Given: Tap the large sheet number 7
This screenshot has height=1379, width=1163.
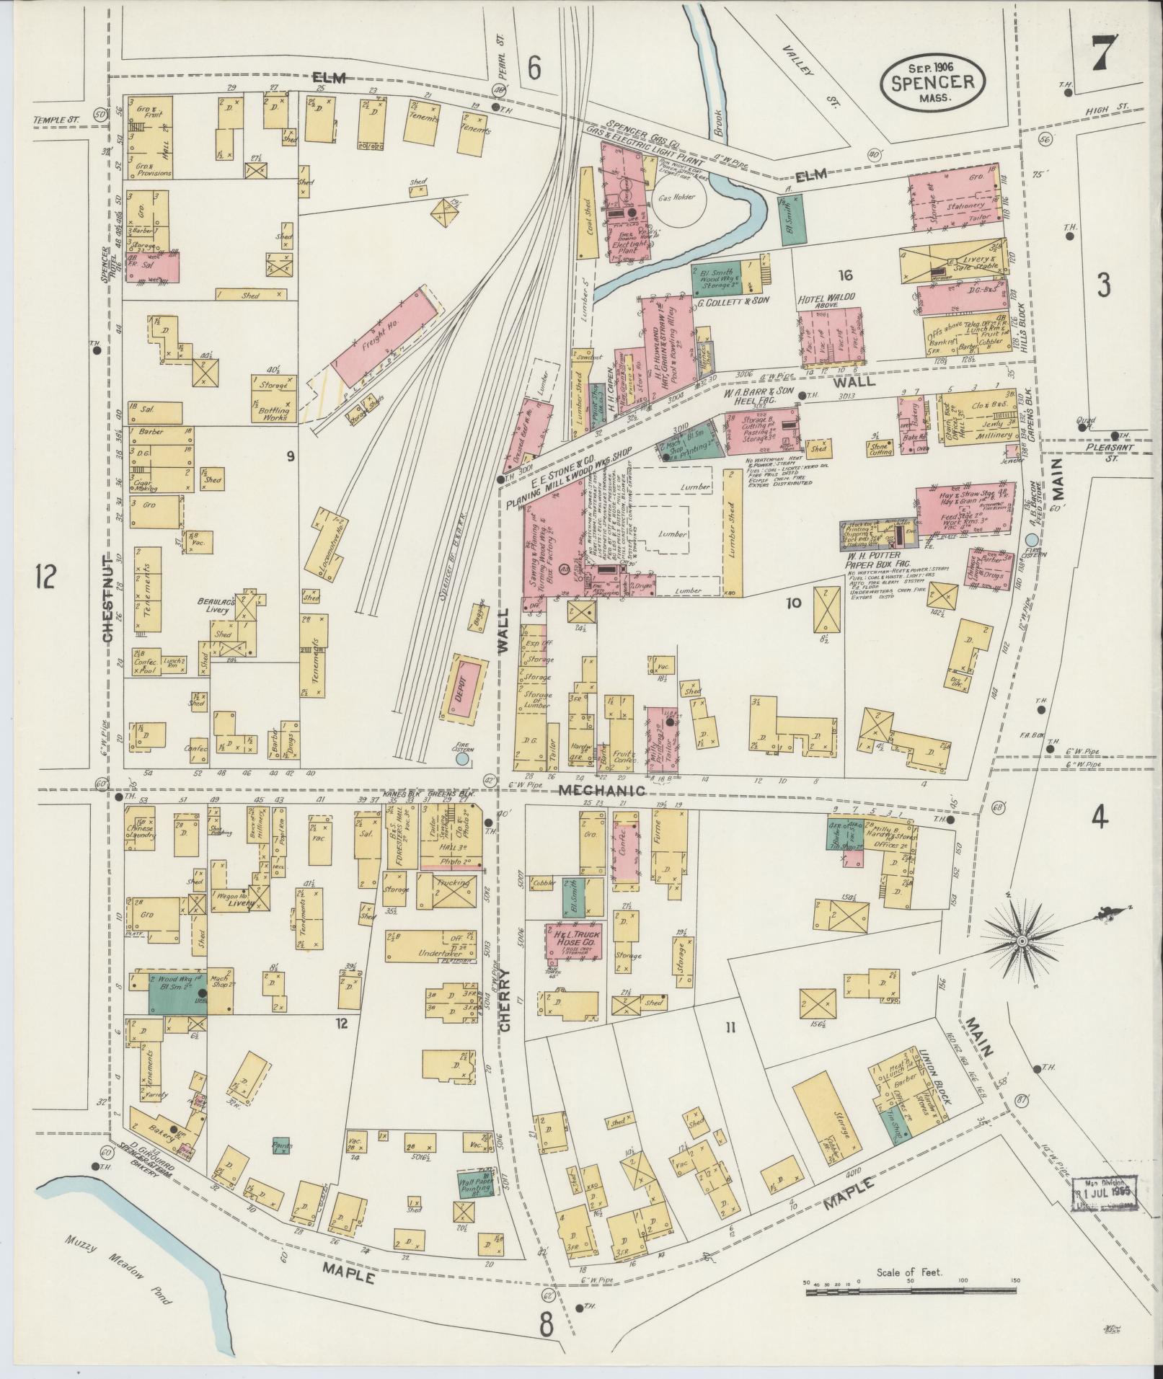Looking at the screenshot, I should coord(1104,54).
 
